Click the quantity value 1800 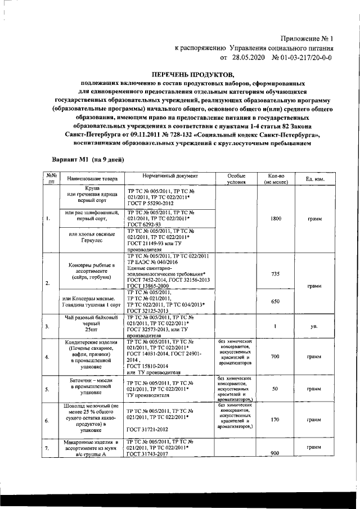click(x=276, y=218)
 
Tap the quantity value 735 click(x=276, y=273)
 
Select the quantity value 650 click(x=276, y=301)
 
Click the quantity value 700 click(x=276, y=357)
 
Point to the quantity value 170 click(x=276, y=420)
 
